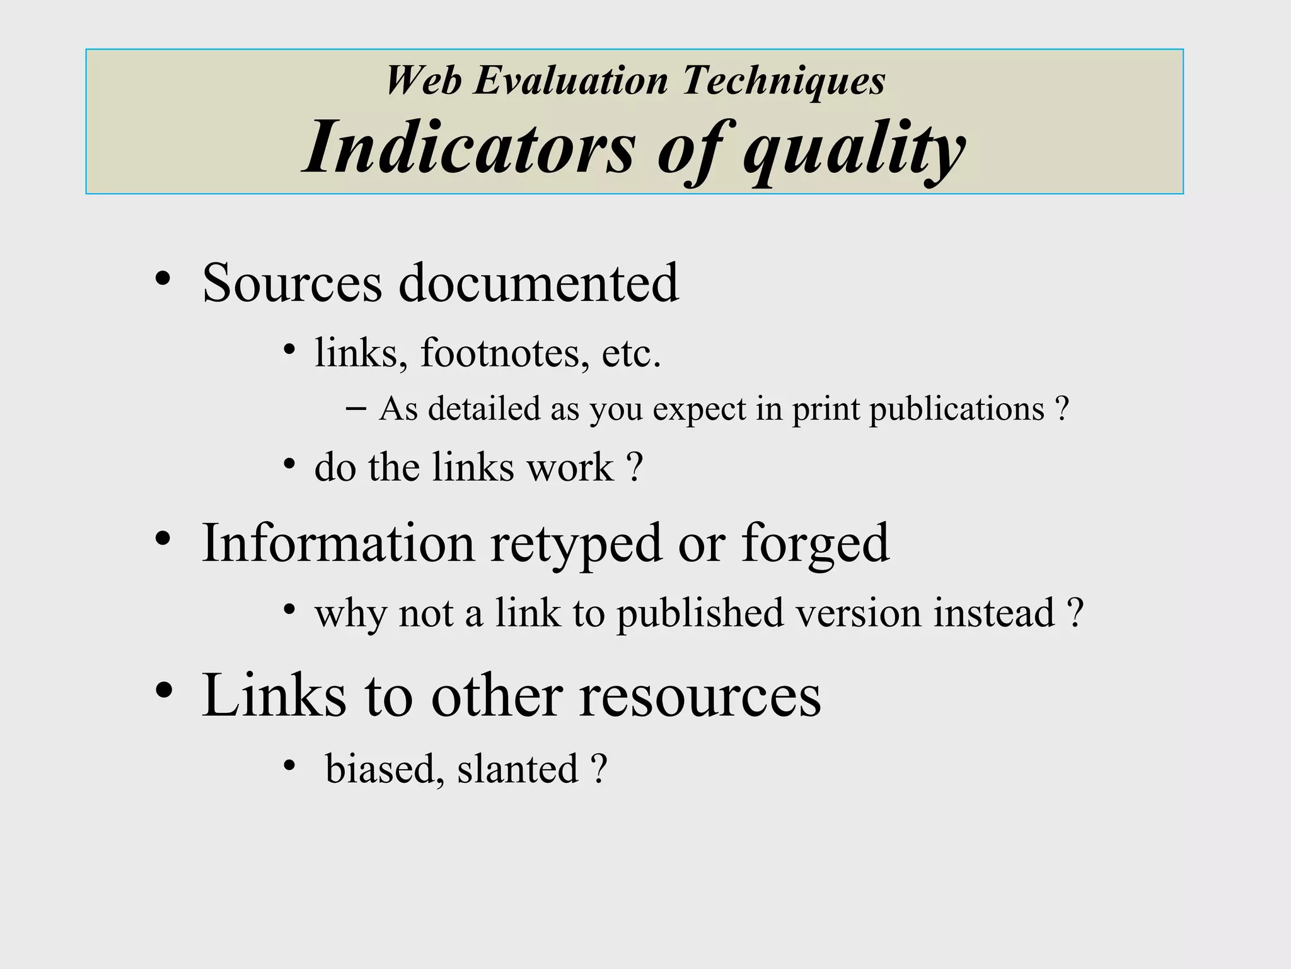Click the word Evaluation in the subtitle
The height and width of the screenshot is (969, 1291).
click(570, 81)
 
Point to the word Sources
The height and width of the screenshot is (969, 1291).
click(292, 283)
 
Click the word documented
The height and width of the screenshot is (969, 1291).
click(538, 283)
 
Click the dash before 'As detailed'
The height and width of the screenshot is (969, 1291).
click(356, 408)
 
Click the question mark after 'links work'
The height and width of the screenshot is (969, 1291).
click(635, 467)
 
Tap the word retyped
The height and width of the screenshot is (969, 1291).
click(576, 544)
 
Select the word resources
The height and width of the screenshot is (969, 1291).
click(700, 696)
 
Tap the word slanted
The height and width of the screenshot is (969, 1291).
click(518, 769)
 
